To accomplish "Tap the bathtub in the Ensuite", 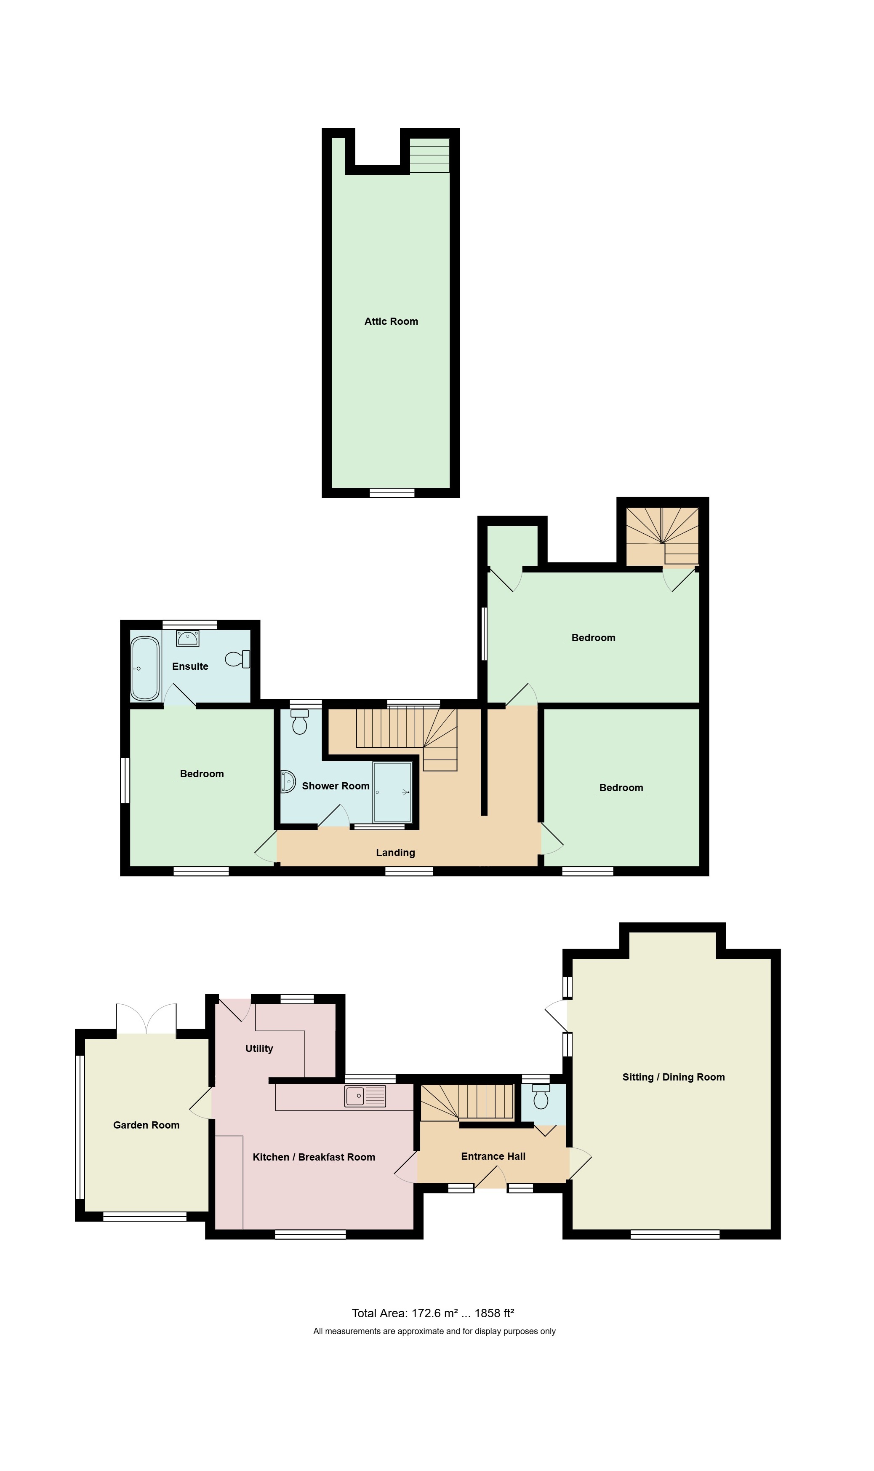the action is (x=145, y=669).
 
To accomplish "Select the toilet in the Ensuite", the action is (x=238, y=658).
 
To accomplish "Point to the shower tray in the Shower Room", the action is (x=392, y=792).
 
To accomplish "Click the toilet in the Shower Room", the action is (x=300, y=722).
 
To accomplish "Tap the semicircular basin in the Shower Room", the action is (x=288, y=781).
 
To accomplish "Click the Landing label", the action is (x=396, y=853).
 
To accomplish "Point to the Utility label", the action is (x=259, y=1048).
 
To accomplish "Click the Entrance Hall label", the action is (x=493, y=1156).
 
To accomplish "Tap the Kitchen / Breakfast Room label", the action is (x=314, y=1157).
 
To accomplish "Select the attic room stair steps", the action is (x=429, y=155).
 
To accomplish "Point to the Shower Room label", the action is (x=336, y=786).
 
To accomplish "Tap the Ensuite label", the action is (x=190, y=666).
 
